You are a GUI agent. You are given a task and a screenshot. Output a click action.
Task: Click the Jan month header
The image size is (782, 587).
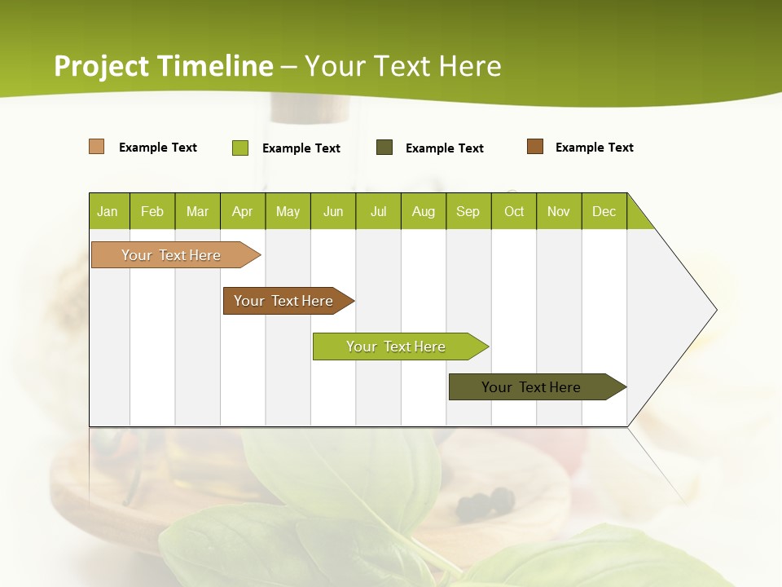click(108, 211)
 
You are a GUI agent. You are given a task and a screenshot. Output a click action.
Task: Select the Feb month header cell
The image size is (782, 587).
click(152, 211)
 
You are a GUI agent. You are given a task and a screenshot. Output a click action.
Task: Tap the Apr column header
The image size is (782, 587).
click(242, 211)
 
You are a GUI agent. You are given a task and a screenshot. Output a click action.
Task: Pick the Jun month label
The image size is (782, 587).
click(333, 211)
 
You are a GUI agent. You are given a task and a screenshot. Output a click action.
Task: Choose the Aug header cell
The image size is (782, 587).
click(424, 211)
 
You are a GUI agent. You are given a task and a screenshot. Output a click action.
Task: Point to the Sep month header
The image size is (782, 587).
click(468, 211)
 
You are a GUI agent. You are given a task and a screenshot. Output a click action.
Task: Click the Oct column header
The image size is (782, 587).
click(514, 211)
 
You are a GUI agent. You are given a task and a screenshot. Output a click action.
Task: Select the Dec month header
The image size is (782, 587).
click(604, 211)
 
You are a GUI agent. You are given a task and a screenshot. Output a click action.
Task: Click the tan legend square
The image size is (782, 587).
click(97, 147)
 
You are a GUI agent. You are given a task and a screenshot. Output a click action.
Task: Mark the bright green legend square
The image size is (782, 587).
click(240, 148)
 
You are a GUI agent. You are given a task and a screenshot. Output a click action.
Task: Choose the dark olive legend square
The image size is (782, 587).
click(384, 148)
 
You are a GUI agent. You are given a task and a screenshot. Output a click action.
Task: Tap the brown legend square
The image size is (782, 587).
click(535, 147)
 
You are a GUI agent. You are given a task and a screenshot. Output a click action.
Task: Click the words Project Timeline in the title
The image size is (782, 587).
click(163, 66)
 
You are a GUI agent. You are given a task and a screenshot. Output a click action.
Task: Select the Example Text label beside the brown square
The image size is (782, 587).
click(594, 148)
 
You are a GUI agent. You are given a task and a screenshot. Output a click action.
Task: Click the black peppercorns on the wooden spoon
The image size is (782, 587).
click(485, 502)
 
